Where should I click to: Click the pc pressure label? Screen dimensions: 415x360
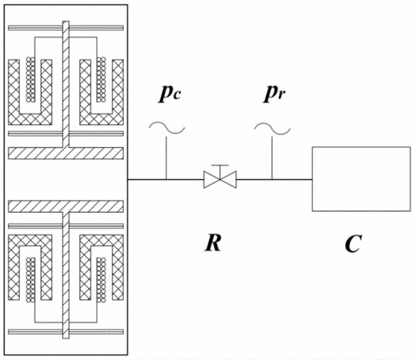click(x=170, y=94)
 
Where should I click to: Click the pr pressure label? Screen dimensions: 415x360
click(x=274, y=94)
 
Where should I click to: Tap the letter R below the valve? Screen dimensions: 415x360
click(x=213, y=242)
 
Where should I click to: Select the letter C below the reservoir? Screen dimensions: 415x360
click(x=353, y=243)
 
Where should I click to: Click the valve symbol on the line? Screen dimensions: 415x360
click(x=220, y=179)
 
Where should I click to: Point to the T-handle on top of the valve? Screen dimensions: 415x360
click(x=220, y=169)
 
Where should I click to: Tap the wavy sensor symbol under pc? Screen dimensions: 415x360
click(x=167, y=128)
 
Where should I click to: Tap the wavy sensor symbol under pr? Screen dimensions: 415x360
click(x=272, y=129)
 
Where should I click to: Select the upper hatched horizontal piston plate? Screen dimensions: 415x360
click(x=66, y=154)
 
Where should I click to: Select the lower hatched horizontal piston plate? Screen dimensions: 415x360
click(x=66, y=206)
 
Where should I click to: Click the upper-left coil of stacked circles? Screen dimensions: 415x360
click(x=30, y=79)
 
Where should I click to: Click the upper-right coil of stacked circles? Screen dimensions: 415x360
click(x=102, y=79)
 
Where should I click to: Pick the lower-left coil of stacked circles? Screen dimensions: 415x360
click(x=30, y=280)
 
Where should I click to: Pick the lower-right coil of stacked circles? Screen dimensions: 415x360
click(x=102, y=280)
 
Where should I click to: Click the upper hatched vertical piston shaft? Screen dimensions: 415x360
click(x=66, y=84)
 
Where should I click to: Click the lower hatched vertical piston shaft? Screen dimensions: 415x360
click(x=66, y=275)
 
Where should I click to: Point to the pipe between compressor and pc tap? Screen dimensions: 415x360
click(x=147, y=179)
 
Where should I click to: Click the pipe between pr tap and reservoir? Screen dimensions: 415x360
click(x=292, y=179)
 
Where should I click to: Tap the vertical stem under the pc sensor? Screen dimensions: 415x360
click(x=166, y=158)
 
